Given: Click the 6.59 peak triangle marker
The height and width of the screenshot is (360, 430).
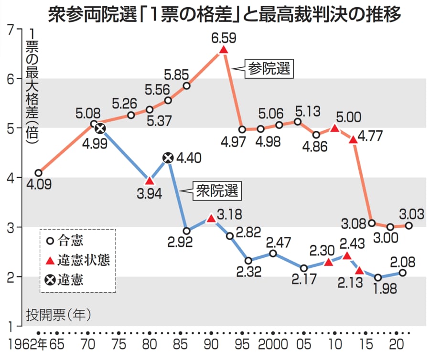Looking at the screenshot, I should click(x=223, y=50).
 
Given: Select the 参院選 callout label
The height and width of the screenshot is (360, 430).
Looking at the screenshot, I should click(x=269, y=69).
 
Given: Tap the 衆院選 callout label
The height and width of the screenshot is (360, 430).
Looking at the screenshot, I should click(x=216, y=192).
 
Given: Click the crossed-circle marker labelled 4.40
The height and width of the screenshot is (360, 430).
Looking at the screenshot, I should click(x=168, y=158).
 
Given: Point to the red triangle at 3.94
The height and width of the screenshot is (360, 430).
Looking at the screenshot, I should click(x=150, y=181).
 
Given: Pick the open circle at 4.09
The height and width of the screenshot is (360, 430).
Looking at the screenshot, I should click(x=38, y=173).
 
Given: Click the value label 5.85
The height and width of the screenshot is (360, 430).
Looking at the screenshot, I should click(x=177, y=74).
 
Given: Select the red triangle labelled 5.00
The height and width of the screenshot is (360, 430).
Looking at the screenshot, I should click(x=334, y=128).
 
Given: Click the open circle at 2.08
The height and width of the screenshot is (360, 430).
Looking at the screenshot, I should click(x=402, y=273).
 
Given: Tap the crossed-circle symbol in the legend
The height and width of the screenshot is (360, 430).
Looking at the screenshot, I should click(x=49, y=280).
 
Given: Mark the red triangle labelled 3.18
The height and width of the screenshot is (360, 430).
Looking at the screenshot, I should click(x=211, y=219).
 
